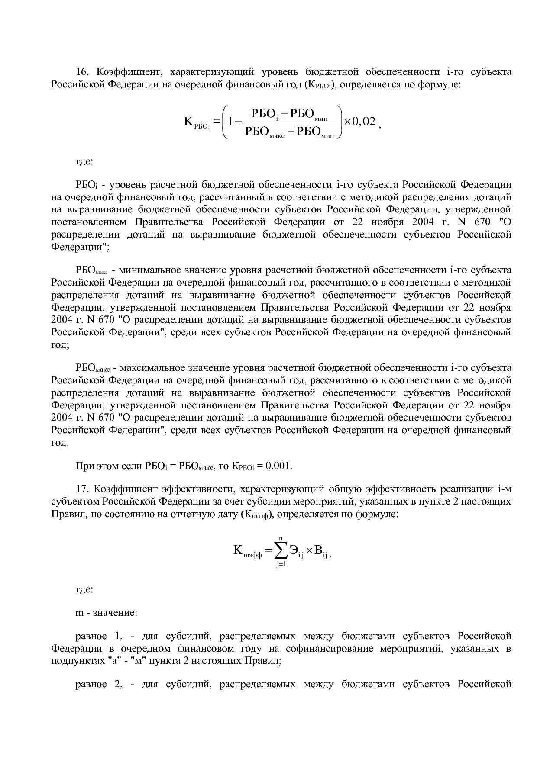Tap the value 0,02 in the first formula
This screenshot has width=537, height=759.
pyautogui.click(x=364, y=121)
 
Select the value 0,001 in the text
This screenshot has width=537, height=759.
pyautogui.click(x=278, y=466)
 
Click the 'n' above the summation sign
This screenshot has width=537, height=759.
pyautogui.click(x=280, y=538)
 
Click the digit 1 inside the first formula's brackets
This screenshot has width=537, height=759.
pyautogui.click(x=232, y=122)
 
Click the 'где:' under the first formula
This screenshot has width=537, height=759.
pyautogui.click(x=84, y=162)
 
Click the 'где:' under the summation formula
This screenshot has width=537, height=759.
pyautogui.click(x=84, y=589)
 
